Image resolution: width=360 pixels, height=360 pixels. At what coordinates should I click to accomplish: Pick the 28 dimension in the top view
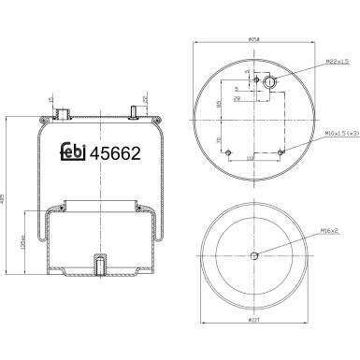coord(238,96)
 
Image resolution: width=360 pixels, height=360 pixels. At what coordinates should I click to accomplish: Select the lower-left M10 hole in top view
coord(230,151)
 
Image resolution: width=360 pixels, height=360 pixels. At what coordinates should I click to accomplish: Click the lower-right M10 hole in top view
coord(281,151)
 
